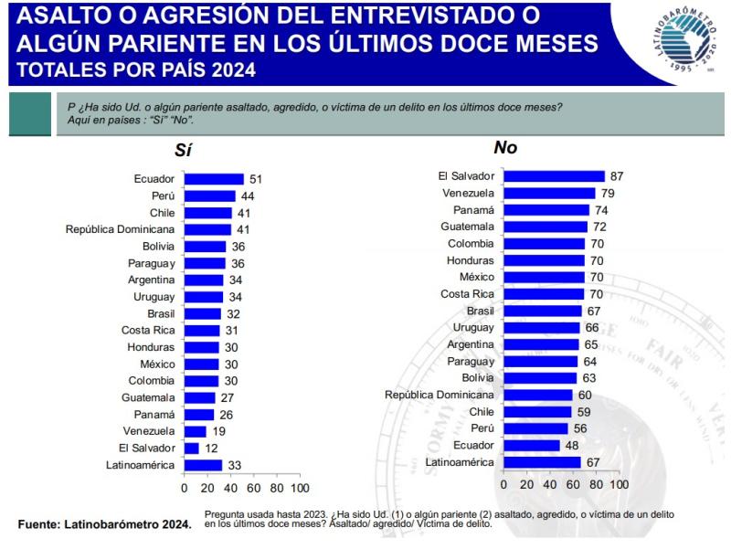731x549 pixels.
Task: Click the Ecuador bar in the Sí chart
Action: pyautogui.click(x=214, y=179)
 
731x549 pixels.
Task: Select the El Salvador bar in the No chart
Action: pyautogui.click(x=555, y=176)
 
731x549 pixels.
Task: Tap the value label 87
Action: pyautogui.click(x=617, y=176)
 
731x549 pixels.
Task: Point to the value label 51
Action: pyautogui.click(x=256, y=179)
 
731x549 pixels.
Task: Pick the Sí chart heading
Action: pyautogui.click(x=183, y=152)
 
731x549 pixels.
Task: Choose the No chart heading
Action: pyautogui.click(x=505, y=148)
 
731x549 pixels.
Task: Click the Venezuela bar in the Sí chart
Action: pyautogui.click(x=196, y=431)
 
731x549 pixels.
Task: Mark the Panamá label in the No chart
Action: pyautogui.click(x=473, y=210)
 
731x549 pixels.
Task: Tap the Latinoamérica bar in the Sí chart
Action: pyautogui.click(x=203, y=465)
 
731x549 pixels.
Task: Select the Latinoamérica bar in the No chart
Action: pyautogui.click(x=543, y=462)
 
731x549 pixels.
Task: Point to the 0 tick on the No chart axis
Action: pyautogui.click(x=504, y=484)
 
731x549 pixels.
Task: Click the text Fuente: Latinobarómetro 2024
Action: pyautogui.click(x=105, y=524)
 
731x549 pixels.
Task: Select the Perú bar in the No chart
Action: pyautogui.click(x=536, y=428)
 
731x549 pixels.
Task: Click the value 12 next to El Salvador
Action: pyautogui.click(x=211, y=448)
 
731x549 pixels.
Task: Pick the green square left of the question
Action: pyautogui.click(x=30, y=115)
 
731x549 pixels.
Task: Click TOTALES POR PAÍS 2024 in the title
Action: pyautogui.click(x=136, y=69)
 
